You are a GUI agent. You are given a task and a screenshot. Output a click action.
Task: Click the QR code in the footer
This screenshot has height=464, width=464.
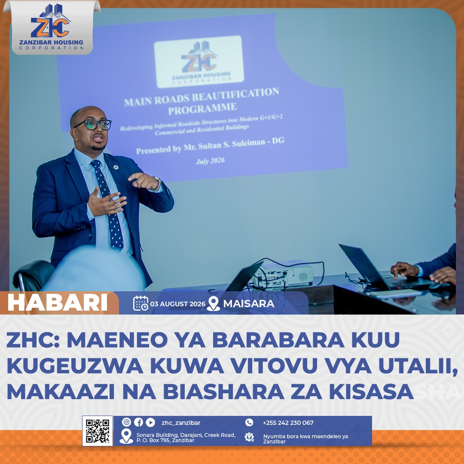click(x=98, y=430)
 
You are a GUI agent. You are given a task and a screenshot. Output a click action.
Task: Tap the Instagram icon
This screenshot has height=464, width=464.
click(x=126, y=422)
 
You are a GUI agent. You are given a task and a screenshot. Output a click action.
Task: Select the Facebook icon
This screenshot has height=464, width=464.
click(x=138, y=422)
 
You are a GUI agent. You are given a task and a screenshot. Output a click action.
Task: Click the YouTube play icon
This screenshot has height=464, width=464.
click(x=150, y=422)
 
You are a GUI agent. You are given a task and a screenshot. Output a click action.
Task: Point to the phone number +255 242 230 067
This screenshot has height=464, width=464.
click(x=288, y=423)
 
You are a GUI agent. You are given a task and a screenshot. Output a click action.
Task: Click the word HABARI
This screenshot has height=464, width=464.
click(x=58, y=303)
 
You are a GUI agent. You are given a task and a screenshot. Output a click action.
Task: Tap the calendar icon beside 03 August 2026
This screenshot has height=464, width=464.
click(x=140, y=303)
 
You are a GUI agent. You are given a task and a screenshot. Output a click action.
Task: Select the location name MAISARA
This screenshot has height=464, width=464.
click(x=249, y=304)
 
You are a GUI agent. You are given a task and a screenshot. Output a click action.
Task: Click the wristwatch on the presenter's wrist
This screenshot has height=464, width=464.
click(x=157, y=184)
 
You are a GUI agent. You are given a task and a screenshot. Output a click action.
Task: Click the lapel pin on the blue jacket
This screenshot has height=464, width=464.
click(x=116, y=167)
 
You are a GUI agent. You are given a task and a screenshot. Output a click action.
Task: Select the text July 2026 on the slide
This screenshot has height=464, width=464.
click(x=211, y=161)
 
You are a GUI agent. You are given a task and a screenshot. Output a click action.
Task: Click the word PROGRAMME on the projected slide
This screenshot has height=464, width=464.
click(x=202, y=109)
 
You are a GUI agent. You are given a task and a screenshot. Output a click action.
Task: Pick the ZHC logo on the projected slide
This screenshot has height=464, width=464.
click(x=199, y=61)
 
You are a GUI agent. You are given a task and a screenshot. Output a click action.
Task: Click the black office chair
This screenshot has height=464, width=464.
click(x=33, y=276)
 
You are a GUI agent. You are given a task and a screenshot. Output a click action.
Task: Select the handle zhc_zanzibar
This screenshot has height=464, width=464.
click(x=181, y=423)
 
